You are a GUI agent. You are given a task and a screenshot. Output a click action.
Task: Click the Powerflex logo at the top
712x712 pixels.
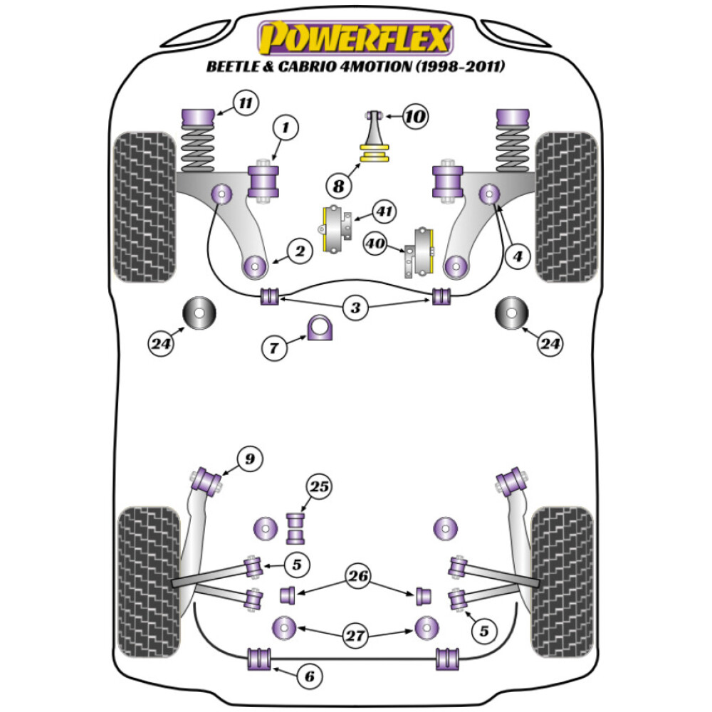click(x=356, y=38)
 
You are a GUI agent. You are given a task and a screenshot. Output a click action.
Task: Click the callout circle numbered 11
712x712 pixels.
click(x=244, y=104)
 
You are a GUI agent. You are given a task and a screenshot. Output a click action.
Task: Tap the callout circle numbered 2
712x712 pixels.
click(x=300, y=251)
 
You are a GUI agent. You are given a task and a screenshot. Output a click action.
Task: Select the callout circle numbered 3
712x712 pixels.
click(x=354, y=308)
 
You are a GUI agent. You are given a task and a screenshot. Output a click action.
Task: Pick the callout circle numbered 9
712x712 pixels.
click(x=248, y=459)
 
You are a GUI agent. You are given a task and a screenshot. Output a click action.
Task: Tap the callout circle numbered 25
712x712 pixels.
click(x=320, y=488)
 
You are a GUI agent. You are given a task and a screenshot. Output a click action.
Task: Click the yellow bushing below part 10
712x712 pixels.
click(x=377, y=153)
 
